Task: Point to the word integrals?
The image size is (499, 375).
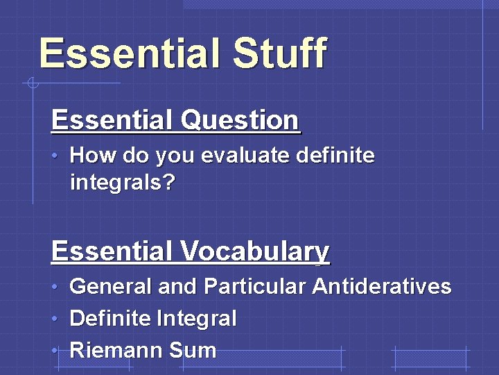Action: tap(123, 183)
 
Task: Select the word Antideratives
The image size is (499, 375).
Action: tap(382, 286)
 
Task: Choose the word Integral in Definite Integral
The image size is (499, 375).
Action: tap(197, 319)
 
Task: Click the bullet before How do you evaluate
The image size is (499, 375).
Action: tap(55, 156)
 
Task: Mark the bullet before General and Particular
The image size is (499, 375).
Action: tap(55, 287)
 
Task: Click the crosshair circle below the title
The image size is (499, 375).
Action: tap(32, 84)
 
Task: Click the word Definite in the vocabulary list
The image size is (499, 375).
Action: tap(110, 319)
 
